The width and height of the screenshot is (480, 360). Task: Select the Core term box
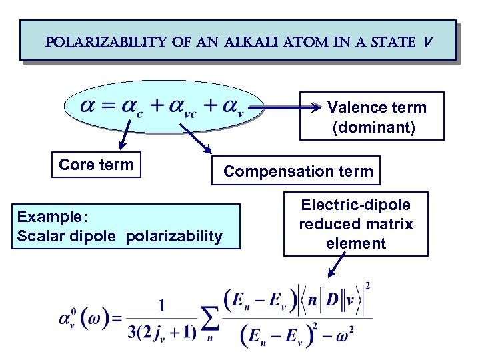point(96,165)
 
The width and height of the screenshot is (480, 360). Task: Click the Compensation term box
point(298,171)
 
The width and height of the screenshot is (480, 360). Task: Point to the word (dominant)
point(373,127)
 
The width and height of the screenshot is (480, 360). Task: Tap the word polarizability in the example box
point(177,235)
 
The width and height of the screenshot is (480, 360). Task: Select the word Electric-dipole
point(356,205)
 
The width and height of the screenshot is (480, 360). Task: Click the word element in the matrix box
point(356,243)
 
